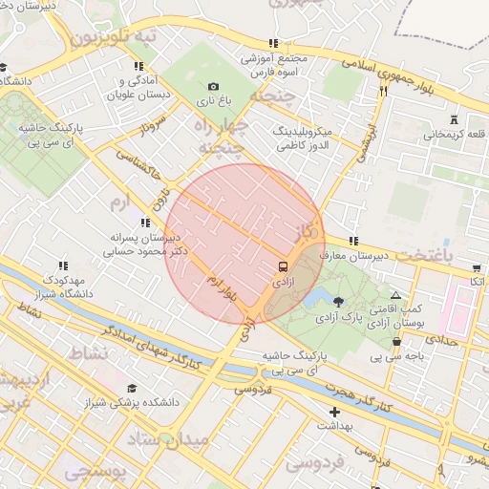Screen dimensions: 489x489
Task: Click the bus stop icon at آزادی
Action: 284,266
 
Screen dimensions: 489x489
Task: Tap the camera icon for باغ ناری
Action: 213,87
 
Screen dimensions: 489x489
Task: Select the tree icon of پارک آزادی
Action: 339,302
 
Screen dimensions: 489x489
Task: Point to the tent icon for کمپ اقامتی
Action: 396,296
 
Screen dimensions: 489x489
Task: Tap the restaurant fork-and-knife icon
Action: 383,91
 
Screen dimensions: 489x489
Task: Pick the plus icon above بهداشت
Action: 333,412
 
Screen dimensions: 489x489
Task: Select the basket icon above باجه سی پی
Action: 396,342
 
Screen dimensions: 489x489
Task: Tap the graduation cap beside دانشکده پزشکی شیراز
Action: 131,388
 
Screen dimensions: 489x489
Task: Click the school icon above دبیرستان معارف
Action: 353,241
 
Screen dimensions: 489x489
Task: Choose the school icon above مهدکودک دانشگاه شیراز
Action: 63,266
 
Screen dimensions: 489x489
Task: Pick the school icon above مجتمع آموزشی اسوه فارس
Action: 274,43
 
